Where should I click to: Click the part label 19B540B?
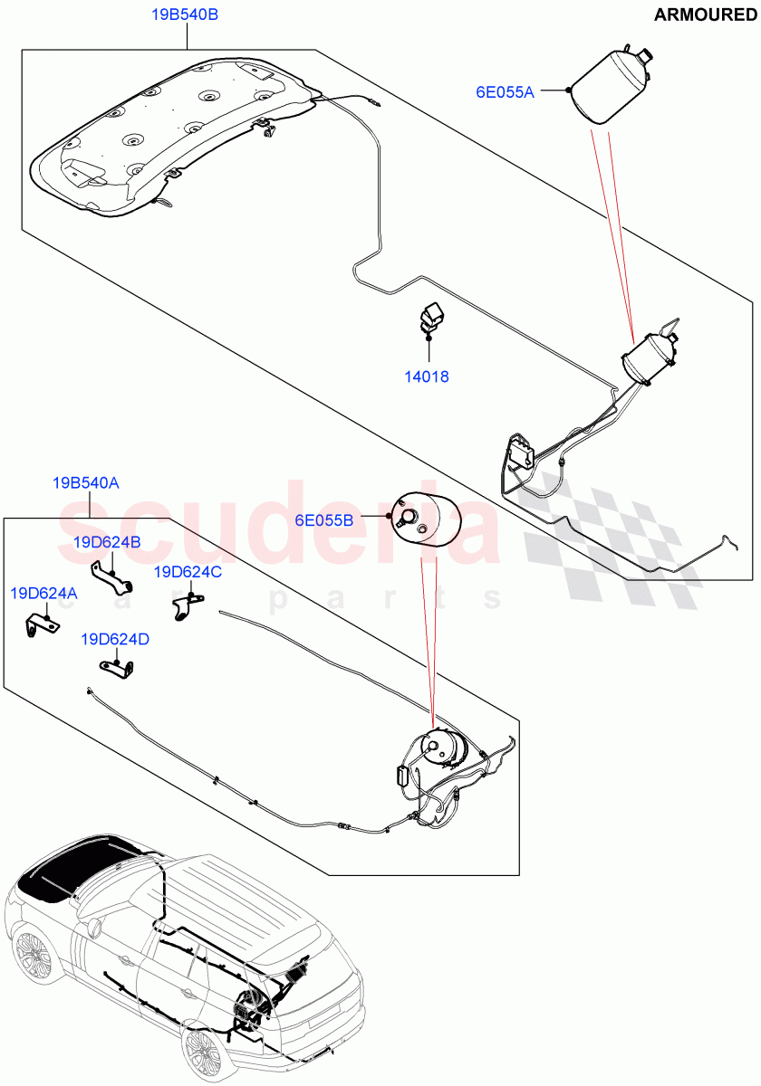pos(187,15)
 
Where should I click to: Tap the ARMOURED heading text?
pos(704,15)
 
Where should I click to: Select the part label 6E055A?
pos(506,90)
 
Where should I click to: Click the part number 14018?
pos(427,376)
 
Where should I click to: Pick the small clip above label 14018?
pos(428,319)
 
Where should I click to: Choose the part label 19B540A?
pos(86,483)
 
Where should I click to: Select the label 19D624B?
pos(107,543)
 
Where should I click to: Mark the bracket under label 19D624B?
pos(110,576)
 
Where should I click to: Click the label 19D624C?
pos(188,572)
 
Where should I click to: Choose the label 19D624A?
pos(43,594)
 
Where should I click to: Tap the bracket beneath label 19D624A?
pos(42,624)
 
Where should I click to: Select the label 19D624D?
pos(115,639)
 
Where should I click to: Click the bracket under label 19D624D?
pos(118,668)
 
